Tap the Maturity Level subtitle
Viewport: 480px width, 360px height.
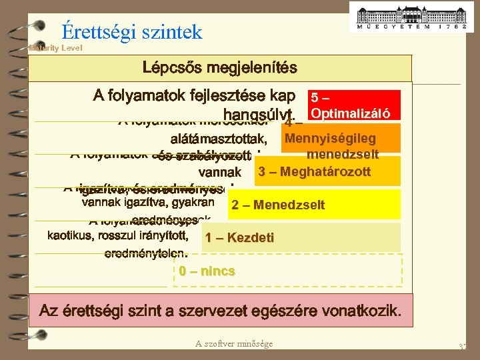point(55,48)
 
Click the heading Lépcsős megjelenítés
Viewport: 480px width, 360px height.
point(220,68)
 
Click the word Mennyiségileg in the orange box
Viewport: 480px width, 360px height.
point(330,139)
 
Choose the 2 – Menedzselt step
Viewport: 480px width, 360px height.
point(278,205)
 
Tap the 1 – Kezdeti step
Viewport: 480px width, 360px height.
point(239,237)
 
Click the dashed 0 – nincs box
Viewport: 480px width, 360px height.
point(207,271)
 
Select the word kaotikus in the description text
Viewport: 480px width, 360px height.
point(70,235)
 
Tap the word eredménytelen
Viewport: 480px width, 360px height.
point(146,253)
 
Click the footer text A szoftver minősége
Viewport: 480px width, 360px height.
point(234,343)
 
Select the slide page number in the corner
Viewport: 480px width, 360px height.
point(462,347)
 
